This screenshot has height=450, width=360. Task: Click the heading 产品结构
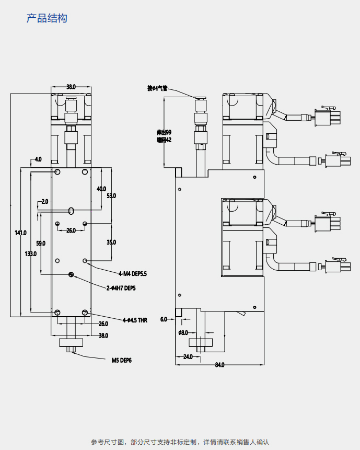47,19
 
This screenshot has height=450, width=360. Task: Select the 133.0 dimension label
31,253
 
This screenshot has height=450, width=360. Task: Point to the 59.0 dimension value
40,244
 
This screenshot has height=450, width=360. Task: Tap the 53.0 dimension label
111,195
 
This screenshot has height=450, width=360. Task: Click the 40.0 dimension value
101,189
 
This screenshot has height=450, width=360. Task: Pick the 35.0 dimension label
111,243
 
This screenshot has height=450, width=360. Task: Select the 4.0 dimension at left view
38,159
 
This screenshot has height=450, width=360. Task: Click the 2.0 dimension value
44,201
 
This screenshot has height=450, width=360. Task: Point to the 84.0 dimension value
219,365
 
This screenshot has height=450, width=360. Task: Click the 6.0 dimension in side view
164,319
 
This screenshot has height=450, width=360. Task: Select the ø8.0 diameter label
183,332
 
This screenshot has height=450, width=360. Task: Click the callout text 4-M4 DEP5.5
133,273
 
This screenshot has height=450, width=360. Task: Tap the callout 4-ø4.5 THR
135,320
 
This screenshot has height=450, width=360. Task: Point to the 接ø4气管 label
157,88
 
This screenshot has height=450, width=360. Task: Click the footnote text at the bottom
180,442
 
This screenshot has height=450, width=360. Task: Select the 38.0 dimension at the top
71,87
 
